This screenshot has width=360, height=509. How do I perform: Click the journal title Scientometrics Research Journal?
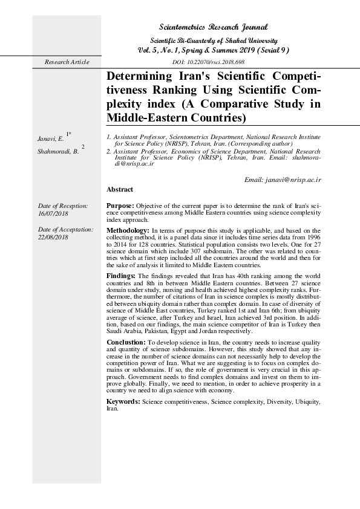(x=212, y=28)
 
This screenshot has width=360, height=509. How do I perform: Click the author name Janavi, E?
(x=50, y=140)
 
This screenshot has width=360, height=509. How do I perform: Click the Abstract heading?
(x=120, y=189)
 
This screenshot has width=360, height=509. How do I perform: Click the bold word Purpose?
(x=120, y=206)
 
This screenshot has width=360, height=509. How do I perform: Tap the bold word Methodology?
(x=128, y=230)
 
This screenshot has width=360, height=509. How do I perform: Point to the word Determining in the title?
(x=139, y=77)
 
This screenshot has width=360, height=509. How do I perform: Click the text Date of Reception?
(x=62, y=206)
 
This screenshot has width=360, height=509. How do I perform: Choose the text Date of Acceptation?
(x=65, y=230)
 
